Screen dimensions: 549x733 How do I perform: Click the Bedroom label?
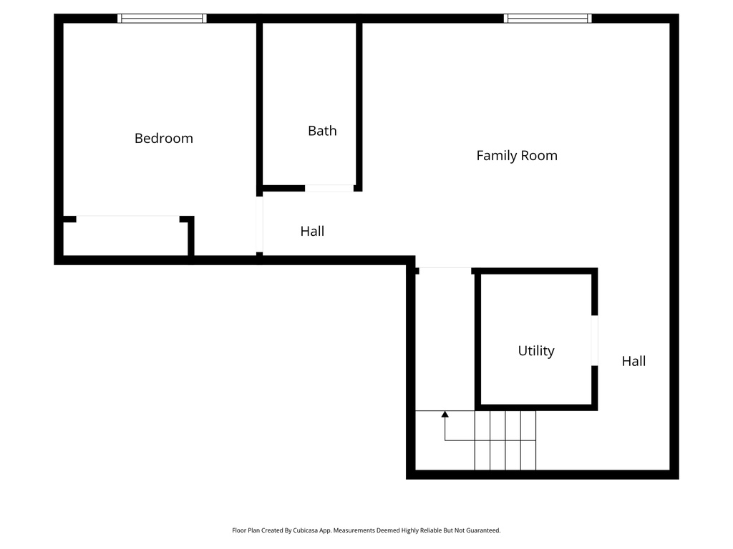(164, 138)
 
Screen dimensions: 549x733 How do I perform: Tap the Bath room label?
(322, 131)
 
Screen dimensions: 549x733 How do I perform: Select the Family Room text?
(517, 155)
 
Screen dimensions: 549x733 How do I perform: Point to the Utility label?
(536, 351)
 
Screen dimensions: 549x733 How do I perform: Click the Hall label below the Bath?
(312, 231)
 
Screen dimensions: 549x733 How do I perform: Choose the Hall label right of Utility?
(634, 361)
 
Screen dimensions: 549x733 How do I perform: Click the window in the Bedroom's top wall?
(162, 19)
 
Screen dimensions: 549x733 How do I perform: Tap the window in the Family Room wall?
(548, 19)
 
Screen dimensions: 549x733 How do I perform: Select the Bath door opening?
(329, 188)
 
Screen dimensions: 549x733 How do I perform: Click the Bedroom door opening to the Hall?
(260, 224)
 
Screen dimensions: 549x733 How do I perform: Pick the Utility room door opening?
(594, 340)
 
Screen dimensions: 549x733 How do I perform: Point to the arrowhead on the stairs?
(445, 414)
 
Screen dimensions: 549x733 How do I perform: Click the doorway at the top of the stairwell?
(445, 269)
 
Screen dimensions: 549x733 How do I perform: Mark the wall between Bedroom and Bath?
(259, 107)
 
